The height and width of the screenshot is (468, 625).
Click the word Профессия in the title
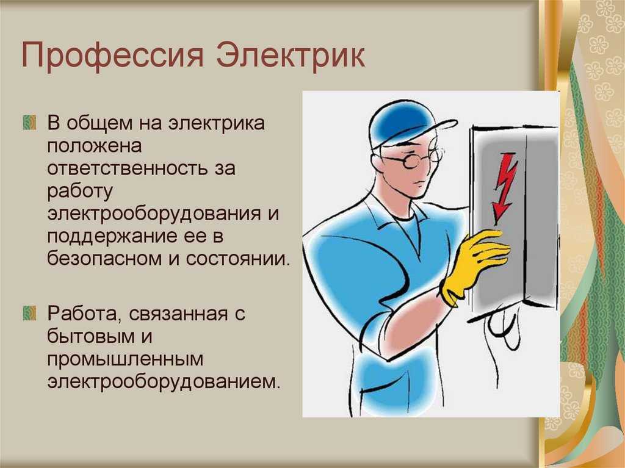(112, 56)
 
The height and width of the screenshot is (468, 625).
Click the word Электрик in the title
(291, 54)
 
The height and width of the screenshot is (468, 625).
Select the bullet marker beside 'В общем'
(29, 123)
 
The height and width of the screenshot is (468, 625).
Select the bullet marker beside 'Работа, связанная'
(29, 314)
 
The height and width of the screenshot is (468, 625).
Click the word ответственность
(127, 168)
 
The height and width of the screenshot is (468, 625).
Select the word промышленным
(125, 359)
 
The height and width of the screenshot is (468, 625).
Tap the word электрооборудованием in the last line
(164, 381)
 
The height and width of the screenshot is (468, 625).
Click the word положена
(95, 146)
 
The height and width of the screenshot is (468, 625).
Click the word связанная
(179, 314)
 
